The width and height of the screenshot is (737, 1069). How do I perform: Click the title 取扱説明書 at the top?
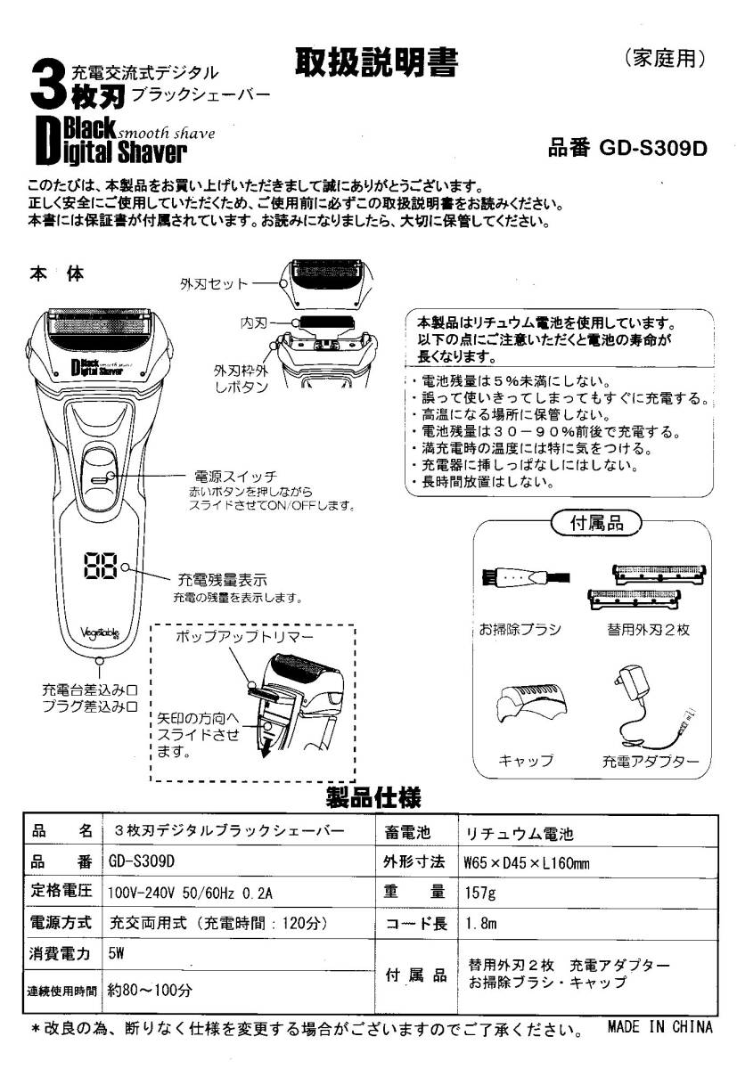click(x=376, y=62)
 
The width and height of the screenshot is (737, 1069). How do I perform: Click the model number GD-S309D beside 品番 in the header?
click(x=652, y=149)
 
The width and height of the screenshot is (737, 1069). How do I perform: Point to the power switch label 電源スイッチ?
click(x=235, y=476)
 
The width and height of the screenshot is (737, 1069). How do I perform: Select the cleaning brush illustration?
click(x=526, y=577)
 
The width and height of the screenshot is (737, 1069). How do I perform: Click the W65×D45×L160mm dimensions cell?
click(x=527, y=863)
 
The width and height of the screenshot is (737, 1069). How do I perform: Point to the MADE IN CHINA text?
click(x=660, y=1026)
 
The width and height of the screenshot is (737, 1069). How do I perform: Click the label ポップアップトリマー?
click(x=244, y=636)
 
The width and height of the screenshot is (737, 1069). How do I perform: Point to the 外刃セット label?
click(x=214, y=284)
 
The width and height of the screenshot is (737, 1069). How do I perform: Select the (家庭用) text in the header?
click(x=665, y=58)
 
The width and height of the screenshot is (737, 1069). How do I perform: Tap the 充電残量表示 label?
click(x=223, y=580)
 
